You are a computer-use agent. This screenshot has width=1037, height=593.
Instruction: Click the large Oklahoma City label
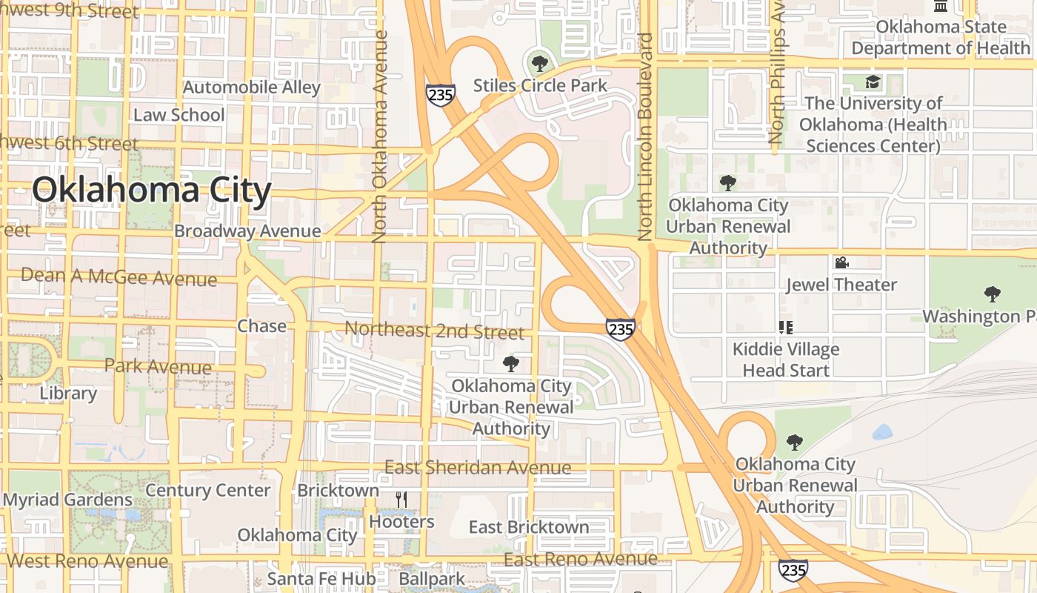(x=152, y=191)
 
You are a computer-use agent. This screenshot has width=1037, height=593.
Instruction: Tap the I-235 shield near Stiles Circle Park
(x=440, y=94)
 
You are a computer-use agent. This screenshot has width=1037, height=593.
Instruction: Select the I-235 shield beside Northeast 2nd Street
(x=620, y=329)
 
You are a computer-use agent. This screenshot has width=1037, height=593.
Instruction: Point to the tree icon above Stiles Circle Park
(x=540, y=62)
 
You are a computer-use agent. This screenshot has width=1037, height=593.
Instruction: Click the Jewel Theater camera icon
(x=841, y=262)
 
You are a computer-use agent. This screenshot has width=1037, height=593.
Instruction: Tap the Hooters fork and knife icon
(x=401, y=499)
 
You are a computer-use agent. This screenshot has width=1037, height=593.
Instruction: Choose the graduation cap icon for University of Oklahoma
(x=873, y=82)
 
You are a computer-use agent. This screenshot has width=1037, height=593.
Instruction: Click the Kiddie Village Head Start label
(x=786, y=359)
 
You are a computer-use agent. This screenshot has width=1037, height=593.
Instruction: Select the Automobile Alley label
(x=252, y=87)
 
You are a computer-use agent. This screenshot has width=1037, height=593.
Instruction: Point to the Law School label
(x=179, y=115)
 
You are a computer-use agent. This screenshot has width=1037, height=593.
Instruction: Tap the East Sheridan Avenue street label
(x=478, y=468)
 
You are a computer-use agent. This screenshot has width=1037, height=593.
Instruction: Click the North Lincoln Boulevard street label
(x=644, y=137)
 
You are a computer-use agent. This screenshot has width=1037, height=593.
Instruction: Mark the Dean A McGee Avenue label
(x=119, y=277)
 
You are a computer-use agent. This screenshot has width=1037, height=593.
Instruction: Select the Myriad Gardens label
(x=68, y=500)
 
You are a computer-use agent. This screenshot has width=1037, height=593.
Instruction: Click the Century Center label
(x=208, y=490)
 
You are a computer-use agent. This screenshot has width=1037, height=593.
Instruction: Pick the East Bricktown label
(x=529, y=527)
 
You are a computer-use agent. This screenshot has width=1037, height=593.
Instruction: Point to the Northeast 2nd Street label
(x=435, y=331)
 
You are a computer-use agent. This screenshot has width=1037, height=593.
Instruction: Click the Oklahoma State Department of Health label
(x=941, y=37)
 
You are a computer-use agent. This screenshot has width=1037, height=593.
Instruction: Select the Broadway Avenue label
(x=247, y=231)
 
